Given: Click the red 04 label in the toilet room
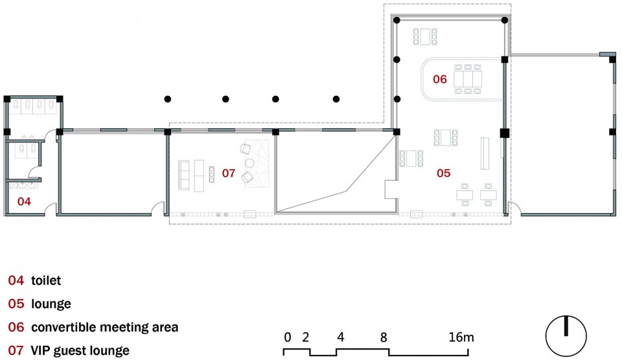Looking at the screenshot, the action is click(24, 201).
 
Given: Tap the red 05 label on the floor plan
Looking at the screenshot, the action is click(443, 173).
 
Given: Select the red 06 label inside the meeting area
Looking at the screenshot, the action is click(439, 79).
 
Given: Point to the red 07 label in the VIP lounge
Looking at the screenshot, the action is click(229, 173).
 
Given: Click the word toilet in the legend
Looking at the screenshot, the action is click(46, 280).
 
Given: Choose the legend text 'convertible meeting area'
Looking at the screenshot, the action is click(105, 327).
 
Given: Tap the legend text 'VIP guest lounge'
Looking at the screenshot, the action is click(80, 350).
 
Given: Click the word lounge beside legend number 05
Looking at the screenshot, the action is click(51, 304).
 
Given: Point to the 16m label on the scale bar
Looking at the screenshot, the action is click(461, 337).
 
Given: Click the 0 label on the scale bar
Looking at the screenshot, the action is click(288, 337).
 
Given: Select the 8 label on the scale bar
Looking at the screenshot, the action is click(383, 337).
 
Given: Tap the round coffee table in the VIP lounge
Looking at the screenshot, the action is click(249, 163).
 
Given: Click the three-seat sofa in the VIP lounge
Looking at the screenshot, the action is click(183, 175).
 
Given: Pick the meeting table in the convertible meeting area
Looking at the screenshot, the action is click(468, 79).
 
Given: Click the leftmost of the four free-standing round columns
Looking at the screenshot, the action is click(168, 98).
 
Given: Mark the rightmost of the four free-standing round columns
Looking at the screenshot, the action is click(336, 98).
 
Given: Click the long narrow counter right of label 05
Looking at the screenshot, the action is click(485, 153).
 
